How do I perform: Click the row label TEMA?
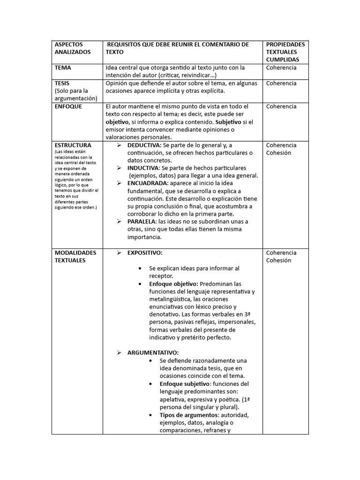coord(63,68)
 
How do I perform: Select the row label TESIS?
coord(62,83)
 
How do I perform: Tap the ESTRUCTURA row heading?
coord(73,145)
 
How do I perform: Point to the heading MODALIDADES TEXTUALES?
coord(75,256)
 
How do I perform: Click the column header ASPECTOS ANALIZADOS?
coord(73,48)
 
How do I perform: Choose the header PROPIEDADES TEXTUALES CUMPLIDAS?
coord(285,52)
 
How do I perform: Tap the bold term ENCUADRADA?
coord(147,183)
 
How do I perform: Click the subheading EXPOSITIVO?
coord(145,253)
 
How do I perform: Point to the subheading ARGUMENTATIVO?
coord(153,352)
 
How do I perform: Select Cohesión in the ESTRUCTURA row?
coord(278,153)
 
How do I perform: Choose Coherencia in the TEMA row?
coord(281,68)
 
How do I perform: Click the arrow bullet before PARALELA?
coord(119,222)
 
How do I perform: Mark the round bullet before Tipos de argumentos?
coord(150,415)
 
